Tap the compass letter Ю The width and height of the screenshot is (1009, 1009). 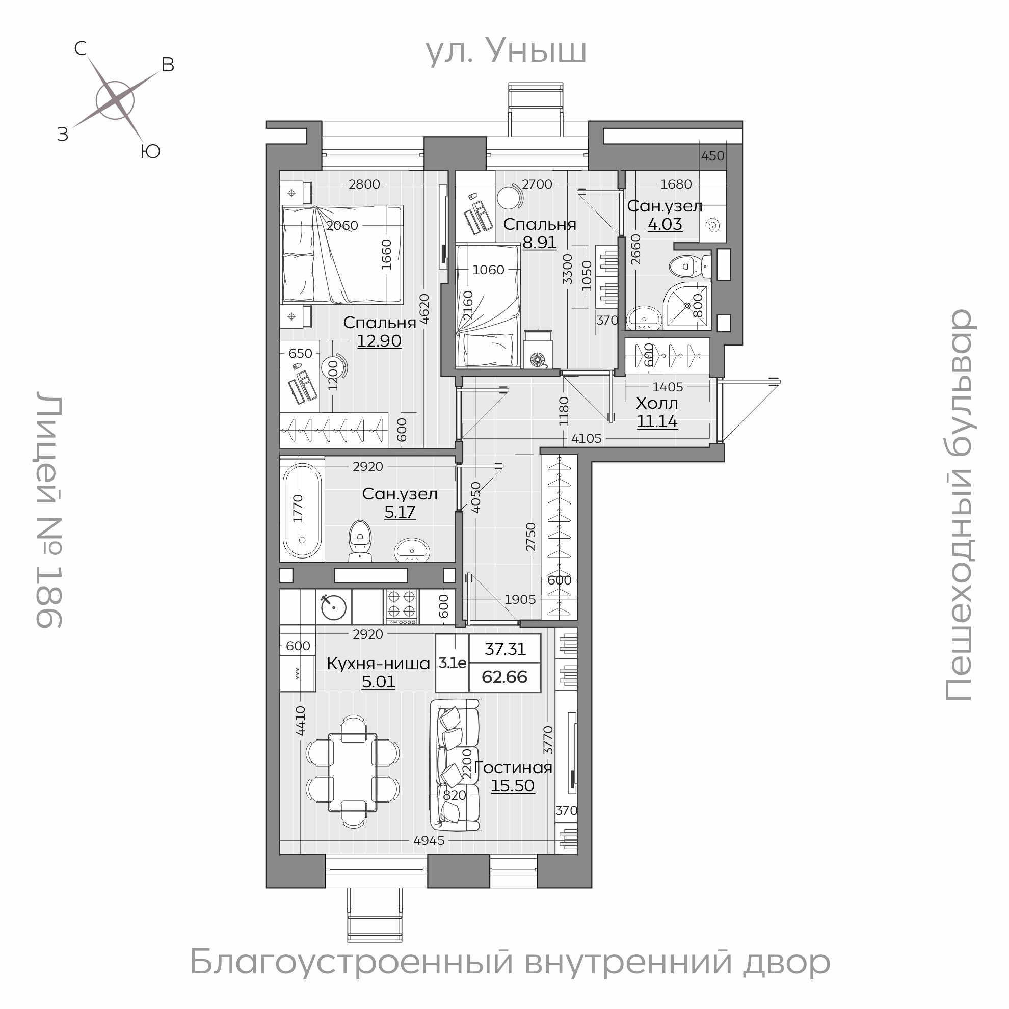150,152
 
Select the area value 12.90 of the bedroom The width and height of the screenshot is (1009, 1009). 379,341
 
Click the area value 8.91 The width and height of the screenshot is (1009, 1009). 539,243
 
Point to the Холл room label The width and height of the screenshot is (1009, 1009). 656,404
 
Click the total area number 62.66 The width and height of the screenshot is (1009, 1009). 504,677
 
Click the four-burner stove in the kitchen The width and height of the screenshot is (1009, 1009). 402,606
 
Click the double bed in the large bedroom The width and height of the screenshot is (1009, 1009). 342,254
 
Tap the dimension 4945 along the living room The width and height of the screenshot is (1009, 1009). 428,855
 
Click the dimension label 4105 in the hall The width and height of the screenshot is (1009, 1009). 586,439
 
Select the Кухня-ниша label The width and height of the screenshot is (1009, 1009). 378,664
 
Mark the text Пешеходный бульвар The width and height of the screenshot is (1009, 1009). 959,504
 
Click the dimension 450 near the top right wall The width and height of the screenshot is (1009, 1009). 712,155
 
